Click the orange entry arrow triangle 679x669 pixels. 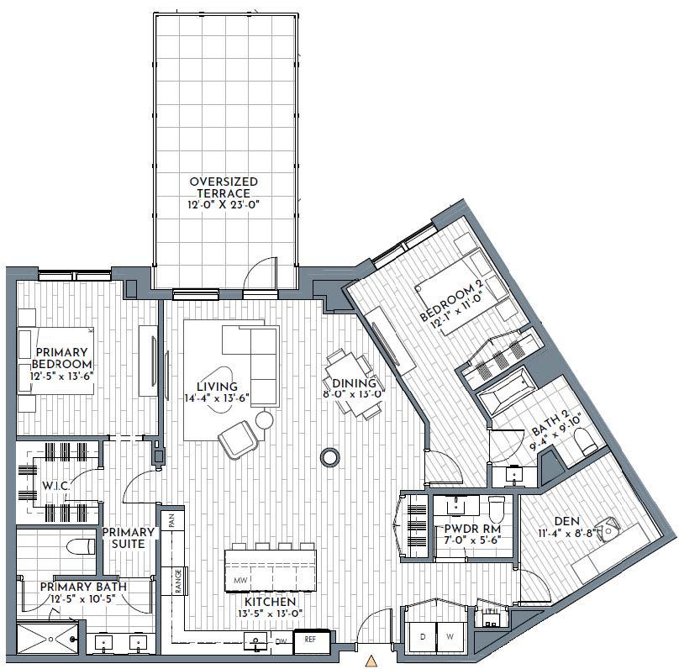(x=370, y=661)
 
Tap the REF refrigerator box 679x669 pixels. (x=311, y=641)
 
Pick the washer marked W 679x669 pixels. (x=450, y=637)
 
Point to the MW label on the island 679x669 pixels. (x=239, y=580)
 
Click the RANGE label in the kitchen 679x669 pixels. (x=179, y=581)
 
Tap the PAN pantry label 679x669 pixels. (x=171, y=520)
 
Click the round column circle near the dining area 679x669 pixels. (x=330, y=457)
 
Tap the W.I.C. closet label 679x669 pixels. (x=55, y=486)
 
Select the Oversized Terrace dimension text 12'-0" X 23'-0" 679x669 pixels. (x=224, y=204)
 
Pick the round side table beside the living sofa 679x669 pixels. (x=265, y=420)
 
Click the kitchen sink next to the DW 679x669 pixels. (x=256, y=642)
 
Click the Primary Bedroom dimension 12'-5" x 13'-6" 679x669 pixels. (x=62, y=376)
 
